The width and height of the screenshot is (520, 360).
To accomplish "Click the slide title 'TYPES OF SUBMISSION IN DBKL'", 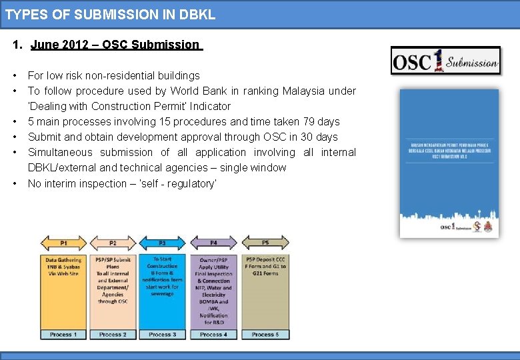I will pyautogui.click(x=111, y=14).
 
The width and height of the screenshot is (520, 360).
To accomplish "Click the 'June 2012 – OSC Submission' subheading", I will pyautogui.click(x=115, y=45).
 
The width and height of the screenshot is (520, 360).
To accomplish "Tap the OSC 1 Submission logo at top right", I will pyautogui.click(x=445, y=61).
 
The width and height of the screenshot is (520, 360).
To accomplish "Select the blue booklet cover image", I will pyautogui.click(x=449, y=163).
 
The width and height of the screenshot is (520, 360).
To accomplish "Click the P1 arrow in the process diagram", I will pyautogui.click(x=64, y=243).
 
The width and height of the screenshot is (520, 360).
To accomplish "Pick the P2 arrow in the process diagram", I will pyautogui.click(x=113, y=243).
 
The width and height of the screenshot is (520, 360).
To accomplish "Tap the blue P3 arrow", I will pyautogui.click(x=163, y=243).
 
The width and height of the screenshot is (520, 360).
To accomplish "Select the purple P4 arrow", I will pyautogui.click(x=213, y=243).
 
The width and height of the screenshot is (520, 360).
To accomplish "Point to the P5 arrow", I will pyautogui.click(x=265, y=243).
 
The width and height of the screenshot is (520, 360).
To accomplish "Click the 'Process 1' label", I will pyautogui.click(x=64, y=334).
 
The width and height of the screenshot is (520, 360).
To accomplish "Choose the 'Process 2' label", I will pyautogui.click(x=113, y=334).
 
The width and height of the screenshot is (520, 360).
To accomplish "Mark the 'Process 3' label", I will pyautogui.click(x=163, y=334).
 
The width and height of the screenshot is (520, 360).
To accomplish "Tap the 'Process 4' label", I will pyautogui.click(x=213, y=334).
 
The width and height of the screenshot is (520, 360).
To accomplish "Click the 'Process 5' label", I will pyautogui.click(x=265, y=334).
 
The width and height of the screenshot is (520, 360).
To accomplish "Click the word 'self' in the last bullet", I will pyautogui.click(x=177, y=183).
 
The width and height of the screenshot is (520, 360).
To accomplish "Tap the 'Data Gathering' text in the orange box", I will pyautogui.click(x=64, y=260).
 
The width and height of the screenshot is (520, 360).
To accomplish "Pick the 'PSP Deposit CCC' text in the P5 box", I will pyautogui.click(x=265, y=259).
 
